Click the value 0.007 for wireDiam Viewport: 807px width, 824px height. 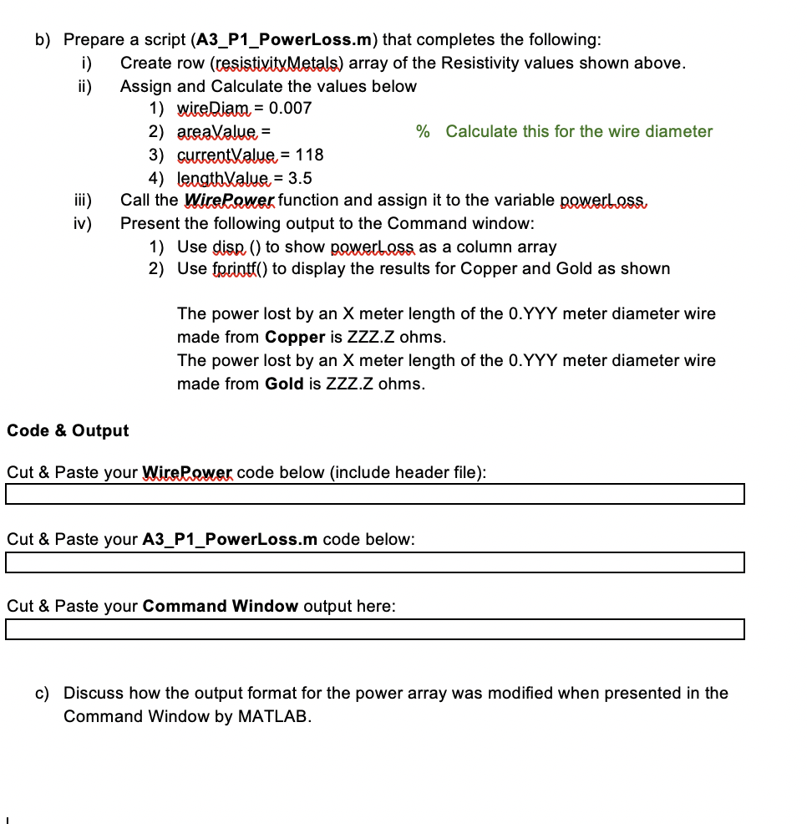point(290,108)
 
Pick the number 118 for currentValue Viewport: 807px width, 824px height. point(309,155)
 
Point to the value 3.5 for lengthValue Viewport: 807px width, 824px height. point(300,178)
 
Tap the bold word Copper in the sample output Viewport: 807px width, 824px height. point(294,338)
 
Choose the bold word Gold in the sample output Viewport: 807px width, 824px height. point(284,384)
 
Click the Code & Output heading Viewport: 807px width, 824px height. point(68,430)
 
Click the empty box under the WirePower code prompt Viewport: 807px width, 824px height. point(374,496)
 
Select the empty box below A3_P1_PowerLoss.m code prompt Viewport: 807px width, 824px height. point(374,562)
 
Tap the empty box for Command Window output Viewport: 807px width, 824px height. point(374,629)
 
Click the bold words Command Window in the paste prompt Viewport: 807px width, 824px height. point(220,606)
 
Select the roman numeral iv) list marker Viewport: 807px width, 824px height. point(82,224)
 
